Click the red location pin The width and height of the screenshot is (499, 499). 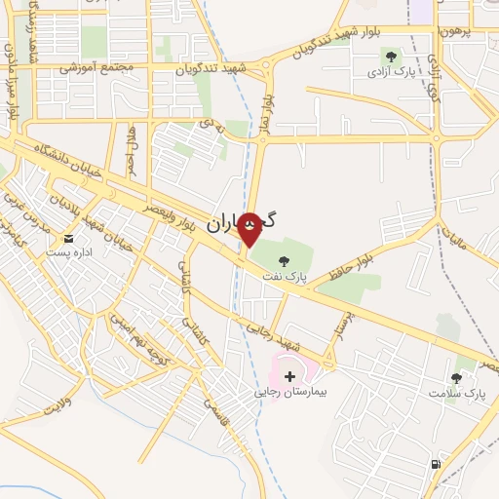tap(249, 231)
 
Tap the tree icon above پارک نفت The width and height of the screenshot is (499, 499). tap(284, 260)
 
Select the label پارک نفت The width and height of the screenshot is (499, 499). tap(284, 277)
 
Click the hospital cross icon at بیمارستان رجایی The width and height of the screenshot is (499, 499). tap(289, 375)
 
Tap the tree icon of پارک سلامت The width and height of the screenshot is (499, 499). tap(456, 377)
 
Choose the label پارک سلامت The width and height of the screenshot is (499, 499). tap(456, 394)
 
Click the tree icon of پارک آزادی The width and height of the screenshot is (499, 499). tap(392, 57)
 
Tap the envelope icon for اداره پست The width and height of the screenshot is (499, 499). tap(68, 238)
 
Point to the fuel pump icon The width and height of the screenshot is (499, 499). tap(434, 464)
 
